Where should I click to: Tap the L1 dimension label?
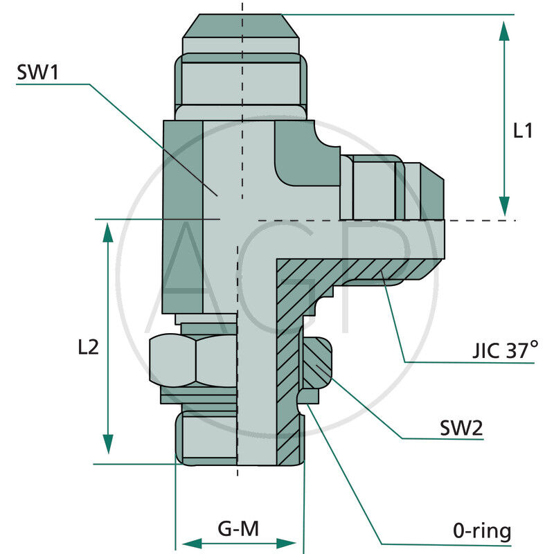click(522, 130)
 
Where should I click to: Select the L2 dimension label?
click(88, 346)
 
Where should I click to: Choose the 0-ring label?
click(482, 531)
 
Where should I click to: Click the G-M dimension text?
click(238, 529)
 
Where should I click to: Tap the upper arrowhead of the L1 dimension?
click(505, 32)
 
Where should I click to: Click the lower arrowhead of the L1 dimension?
click(505, 204)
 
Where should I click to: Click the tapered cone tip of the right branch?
click(431, 191)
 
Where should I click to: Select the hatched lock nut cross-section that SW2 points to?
click(316, 364)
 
